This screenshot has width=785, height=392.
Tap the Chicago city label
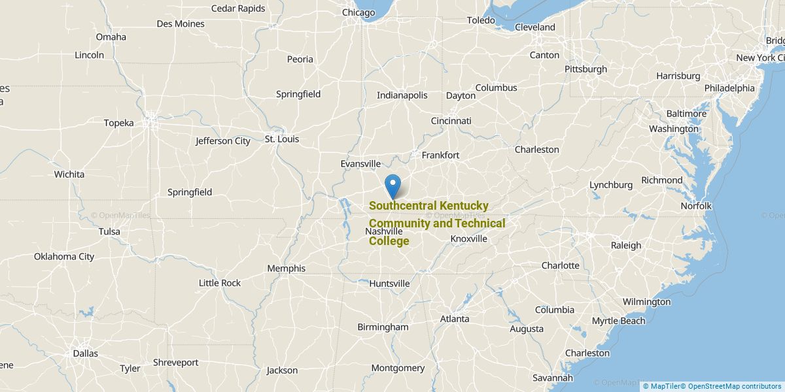[358, 12]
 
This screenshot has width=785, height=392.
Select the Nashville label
[383, 231]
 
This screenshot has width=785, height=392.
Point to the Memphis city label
[286, 269]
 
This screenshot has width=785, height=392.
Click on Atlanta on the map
[454, 319]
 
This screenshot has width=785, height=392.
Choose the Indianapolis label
[402, 95]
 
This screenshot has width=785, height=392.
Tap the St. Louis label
[281, 139]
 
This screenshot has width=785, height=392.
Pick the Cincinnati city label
[451, 121]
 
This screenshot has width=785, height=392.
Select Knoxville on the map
[468, 239]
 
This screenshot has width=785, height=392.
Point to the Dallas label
[85, 353]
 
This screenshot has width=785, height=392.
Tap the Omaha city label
[111, 37]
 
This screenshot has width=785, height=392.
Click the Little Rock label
[220, 283]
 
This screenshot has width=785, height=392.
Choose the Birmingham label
[383, 327]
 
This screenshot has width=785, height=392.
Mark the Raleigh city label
[626, 246]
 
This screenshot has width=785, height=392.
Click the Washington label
[673, 129]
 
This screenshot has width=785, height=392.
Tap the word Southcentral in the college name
[400, 206]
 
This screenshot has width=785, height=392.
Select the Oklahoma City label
[64, 257]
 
